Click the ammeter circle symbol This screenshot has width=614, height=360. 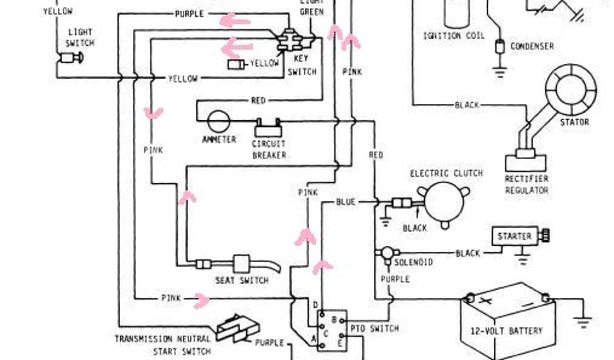point(218,121)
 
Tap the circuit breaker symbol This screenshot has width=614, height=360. point(269,127)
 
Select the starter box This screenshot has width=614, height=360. point(514,236)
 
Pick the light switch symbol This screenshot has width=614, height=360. point(70,58)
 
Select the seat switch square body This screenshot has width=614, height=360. point(241,264)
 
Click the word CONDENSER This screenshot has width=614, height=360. point(532,46)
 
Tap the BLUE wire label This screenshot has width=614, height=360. point(346,202)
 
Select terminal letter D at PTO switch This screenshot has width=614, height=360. point(315,306)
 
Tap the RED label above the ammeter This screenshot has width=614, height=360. point(258,101)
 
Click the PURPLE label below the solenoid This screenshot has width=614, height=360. point(395,279)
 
